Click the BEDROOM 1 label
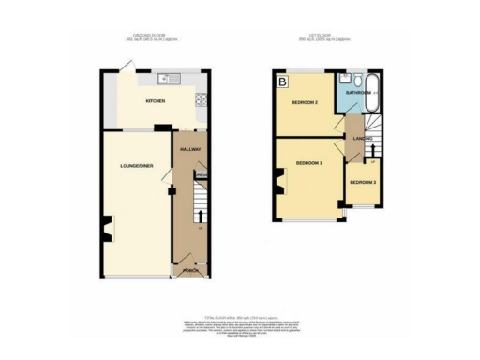tap(309, 163)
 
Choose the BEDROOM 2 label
tap(304, 101)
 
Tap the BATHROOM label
tap(358, 94)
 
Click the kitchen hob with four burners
tap(199, 99)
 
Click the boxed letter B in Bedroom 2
tap(281, 82)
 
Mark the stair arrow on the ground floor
tap(200, 228)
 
